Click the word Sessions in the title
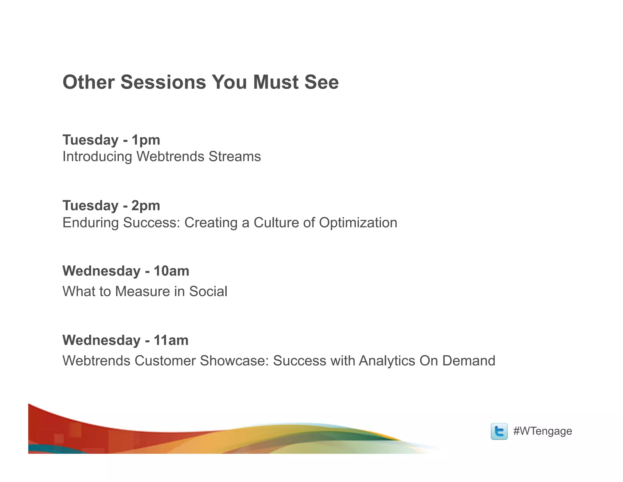coord(163,82)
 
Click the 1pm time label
coord(146,140)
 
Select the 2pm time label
coord(146,206)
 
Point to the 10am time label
coord(171,271)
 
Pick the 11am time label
coord(171,340)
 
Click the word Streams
coord(235,157)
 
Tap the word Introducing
coord(97,157)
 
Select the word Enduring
coord(90,222)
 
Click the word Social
coord(208,291)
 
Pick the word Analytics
coord(387,361)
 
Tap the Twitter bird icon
coord(499,431)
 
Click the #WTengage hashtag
coord(542,431)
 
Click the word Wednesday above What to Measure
coord(101,271)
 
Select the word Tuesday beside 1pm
coord(90,140)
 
